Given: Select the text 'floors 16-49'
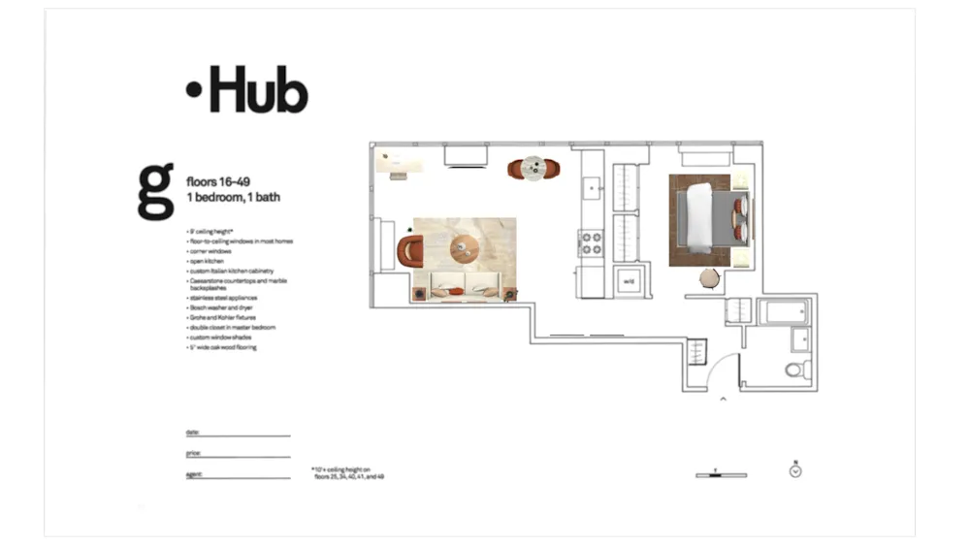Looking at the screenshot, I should pos(216,180).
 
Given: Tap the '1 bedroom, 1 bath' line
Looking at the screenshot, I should pos(233,197).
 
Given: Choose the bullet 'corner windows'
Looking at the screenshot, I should pos(211,251).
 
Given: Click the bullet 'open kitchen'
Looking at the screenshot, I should pos(209,262).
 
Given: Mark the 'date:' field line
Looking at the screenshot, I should pos(238,434).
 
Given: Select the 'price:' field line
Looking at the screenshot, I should pos(238,455).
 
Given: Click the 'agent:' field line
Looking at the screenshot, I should pos(238,476).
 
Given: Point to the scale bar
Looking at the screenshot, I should pos(721,474).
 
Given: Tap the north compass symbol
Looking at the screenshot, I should pos(795,471).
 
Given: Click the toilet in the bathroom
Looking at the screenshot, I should pos(795,369).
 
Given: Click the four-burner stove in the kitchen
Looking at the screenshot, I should pos(591,242).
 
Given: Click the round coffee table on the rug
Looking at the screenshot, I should pos(464,249).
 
